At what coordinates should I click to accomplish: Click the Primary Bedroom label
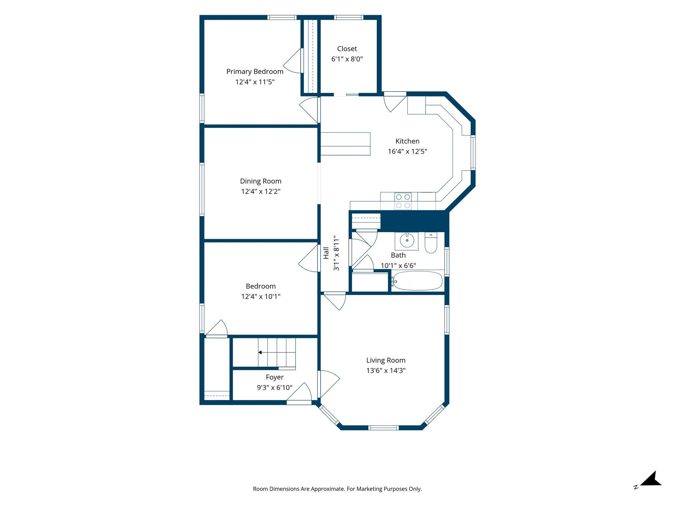(255, 71)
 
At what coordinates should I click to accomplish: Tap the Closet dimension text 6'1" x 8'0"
(347, 59)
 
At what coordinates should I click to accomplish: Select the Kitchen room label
(407, 141)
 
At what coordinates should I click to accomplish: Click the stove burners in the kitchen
(403, 201)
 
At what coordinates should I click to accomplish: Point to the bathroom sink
(407, 241)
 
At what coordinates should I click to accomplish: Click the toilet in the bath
(431, 242)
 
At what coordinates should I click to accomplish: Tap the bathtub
(417, 281)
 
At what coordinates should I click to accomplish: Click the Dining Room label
(260, 181)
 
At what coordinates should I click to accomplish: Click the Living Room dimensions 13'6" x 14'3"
(386, 370)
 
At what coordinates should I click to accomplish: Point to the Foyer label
(275, 377)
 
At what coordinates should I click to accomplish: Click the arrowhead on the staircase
(260, 352)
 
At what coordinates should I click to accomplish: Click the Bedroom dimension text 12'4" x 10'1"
(260, 296)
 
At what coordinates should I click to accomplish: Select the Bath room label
(398, 255)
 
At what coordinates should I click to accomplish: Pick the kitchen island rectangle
(345, 144)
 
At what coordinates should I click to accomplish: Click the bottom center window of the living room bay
(383, 428)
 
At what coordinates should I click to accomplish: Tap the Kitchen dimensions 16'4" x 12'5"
(407, 152)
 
